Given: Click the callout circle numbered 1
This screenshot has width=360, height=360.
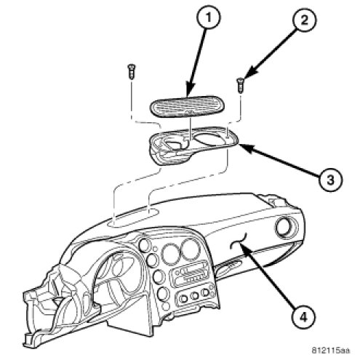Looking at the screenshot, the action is [208, 17].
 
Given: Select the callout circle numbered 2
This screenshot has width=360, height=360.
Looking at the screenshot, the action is [305, 20].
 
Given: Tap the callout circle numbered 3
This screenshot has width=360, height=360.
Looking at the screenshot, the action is [330, 180].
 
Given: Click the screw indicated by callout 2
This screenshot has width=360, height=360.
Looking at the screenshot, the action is [240, 85].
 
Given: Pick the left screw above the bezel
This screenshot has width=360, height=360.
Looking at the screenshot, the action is [132, 71].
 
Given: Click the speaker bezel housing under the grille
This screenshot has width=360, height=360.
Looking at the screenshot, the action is [193, 145].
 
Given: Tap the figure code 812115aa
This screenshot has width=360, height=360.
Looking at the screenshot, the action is [331, 351].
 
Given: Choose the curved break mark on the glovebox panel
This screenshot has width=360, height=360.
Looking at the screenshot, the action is [239, 241].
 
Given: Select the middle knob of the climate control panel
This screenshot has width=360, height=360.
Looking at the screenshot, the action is [194, 295].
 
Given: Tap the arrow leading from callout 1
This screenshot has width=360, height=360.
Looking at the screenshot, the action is [196, 63].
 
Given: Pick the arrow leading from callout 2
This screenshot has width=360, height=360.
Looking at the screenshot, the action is [269, 54].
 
